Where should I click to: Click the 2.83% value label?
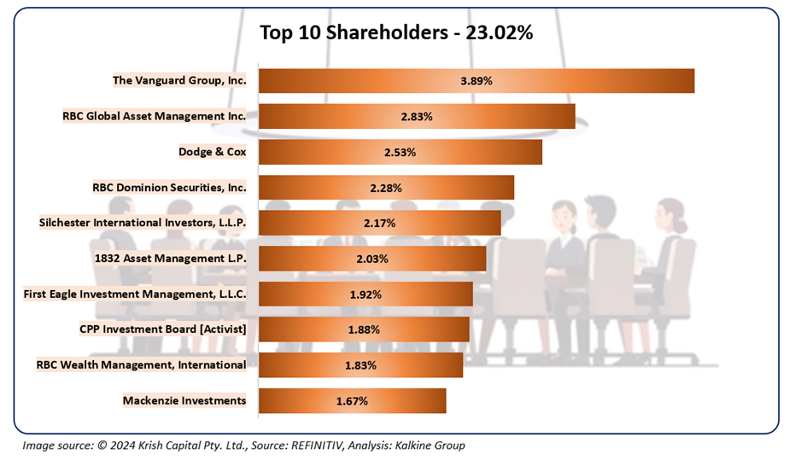[x=417, y=116]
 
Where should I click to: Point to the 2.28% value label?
[x=386, y=187]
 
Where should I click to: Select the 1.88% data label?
[x=364, y=329]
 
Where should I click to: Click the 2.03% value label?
[x=372, y=259]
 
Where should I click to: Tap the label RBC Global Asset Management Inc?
[x=155, y=116]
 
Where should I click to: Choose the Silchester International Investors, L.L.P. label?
[x=143, y=223]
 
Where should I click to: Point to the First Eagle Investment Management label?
[x=136, y=294]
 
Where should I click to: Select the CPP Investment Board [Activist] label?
[x=163, y=329]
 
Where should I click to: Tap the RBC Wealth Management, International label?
[x=141, y=364]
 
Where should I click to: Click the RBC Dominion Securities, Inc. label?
[x=169, y=187]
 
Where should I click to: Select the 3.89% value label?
[x=476, y=81]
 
